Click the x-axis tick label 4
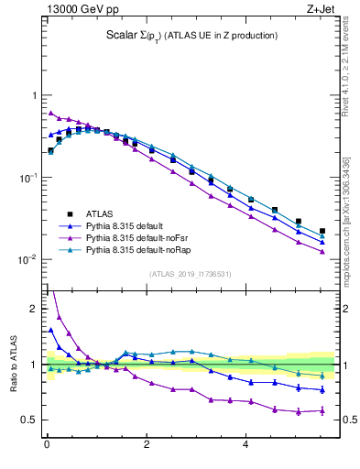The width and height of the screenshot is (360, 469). [x=245, y=446]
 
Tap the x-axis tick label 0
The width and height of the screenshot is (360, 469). [x=47, y=446]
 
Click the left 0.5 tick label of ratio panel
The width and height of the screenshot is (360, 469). [x=30, y=420]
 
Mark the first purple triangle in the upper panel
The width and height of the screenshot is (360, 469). [x=51, y=114]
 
